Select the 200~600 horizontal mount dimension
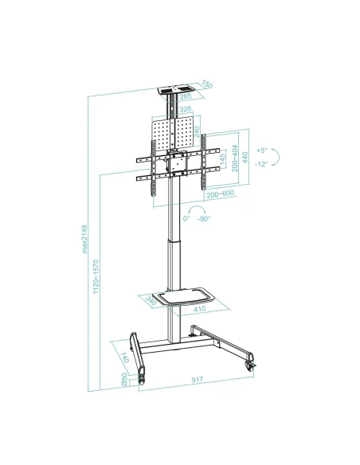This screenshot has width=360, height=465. pyautogui.click(x=219, y=193)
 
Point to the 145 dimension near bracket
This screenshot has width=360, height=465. pyautogui.click(x=221, y=162)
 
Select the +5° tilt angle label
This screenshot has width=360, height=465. pyautogui.click(x=262, y=150)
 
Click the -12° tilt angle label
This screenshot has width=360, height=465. pyautogui.click(x=263, y=164)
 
